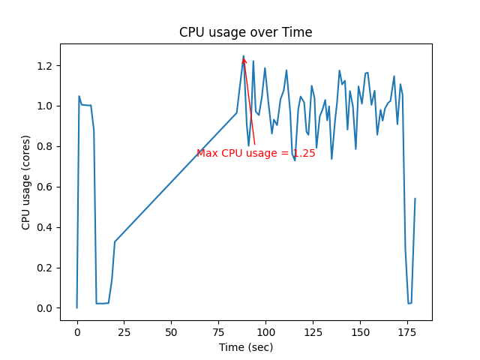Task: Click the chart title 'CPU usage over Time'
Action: coord(245,32)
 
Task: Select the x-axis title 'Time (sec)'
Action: coord(245,347)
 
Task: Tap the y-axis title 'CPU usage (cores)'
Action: coord(26,182)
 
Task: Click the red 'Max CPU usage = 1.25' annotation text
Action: coord(256,153)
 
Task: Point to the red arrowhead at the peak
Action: coord(244,60)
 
